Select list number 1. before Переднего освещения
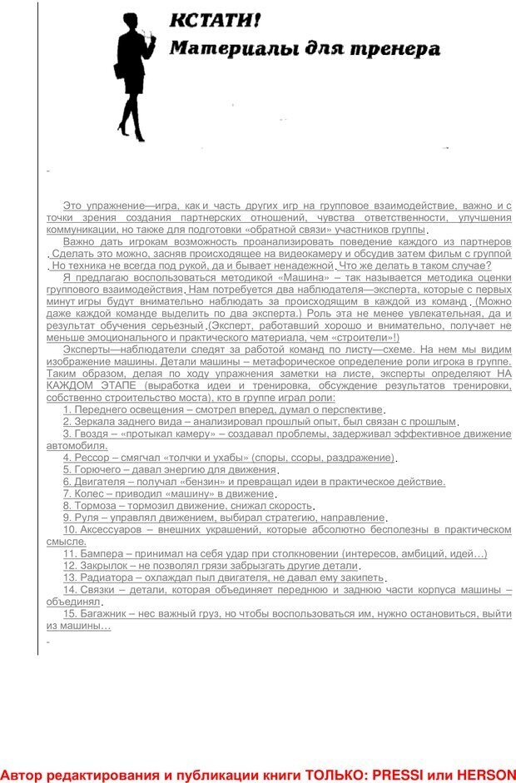pyautogui.click(x=67, y=410)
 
